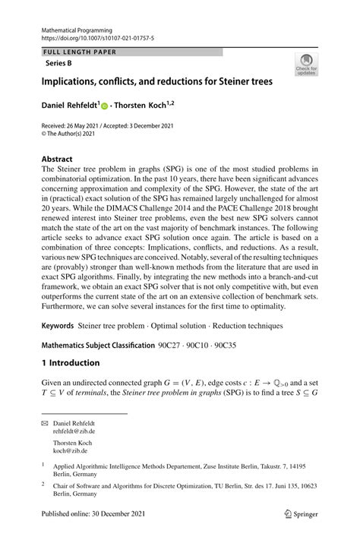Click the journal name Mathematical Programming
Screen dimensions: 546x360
[73, 26]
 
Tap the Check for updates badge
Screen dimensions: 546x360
[305, 64]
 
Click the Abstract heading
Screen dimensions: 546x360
[58, 160]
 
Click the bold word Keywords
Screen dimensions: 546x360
[58, 325]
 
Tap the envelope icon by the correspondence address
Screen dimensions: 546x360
[45, 422]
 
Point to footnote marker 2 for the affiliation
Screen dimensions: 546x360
[44, 482]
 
